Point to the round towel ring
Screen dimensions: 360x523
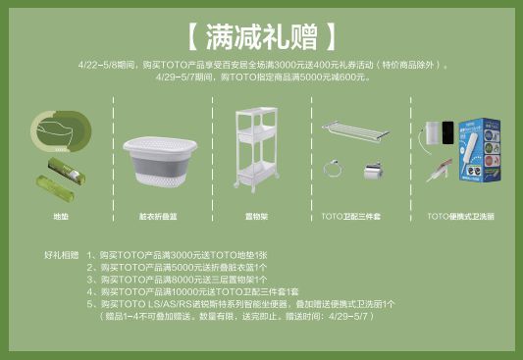coord(334,170)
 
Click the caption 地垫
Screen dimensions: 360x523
coord(61,215)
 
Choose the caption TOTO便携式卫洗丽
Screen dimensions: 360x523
coord(460,215)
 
